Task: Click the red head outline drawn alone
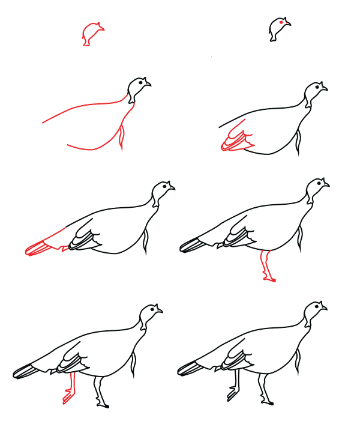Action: (x=92, y=34)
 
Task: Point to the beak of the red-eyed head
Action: (x=289, y=24)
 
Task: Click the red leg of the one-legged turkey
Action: (x=266, y=267)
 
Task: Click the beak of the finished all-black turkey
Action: (x=325, y=309)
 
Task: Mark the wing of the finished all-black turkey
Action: (x=235, y=363)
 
